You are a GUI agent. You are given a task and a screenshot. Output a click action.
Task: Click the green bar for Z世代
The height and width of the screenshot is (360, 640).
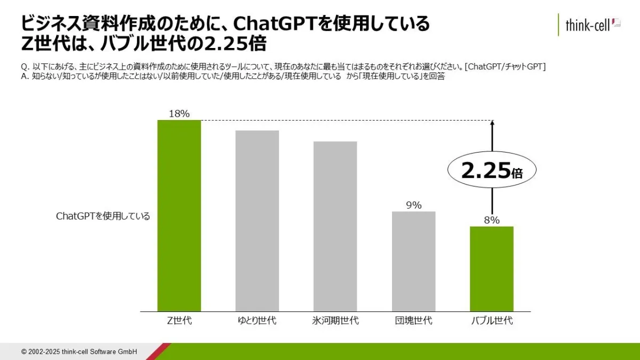(x=179, y=216)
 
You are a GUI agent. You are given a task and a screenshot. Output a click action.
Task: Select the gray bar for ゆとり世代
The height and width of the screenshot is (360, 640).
(x=257, y=221)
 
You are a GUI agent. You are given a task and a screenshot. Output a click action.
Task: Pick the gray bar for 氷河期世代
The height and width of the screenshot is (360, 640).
(x=335, y=227)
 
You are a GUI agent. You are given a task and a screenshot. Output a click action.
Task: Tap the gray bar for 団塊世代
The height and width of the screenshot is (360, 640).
(x=413, y=261)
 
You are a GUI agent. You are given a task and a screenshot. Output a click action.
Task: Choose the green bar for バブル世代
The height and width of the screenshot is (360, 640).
(x=491, y=269)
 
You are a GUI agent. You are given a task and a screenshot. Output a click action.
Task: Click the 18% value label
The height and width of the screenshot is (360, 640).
(x=179, y=114)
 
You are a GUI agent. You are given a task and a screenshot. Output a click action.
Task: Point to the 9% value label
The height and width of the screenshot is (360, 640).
(x=413, y=205)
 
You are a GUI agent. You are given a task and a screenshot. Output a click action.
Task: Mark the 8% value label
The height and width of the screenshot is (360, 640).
(x=491, y=220)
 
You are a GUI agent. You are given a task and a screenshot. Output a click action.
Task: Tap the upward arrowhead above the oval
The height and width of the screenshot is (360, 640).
(x=492, y=123)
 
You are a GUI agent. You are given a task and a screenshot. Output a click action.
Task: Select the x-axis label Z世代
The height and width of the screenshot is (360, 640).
(x=179, y=321)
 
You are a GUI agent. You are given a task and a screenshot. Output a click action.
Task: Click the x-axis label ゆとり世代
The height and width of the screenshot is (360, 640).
(x=257, y=321)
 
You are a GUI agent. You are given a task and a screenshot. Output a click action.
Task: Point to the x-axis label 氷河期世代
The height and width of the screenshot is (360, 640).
(x=335, y=321)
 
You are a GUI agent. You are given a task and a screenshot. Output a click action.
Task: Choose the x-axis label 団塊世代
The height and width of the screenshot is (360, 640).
(x=413, y=321)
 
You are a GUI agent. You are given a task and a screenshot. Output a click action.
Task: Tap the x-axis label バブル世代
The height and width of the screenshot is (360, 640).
(x=492, y=321)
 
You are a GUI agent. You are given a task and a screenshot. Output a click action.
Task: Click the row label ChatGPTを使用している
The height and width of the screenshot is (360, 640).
(x=103, y=217)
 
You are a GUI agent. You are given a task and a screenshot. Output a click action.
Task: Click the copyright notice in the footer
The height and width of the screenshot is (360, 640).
(x=79, y=352)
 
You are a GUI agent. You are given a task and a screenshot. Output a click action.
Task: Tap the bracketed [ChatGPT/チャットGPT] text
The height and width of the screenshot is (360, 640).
(x=505, y=66)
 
